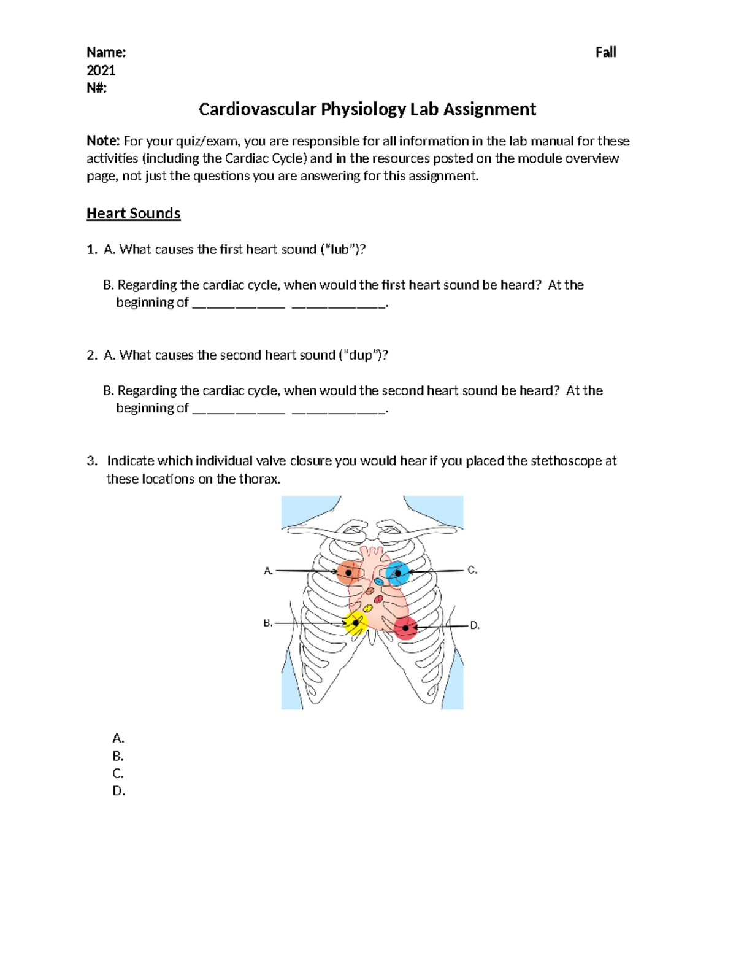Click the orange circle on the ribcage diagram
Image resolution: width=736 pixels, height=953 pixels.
[348, 573]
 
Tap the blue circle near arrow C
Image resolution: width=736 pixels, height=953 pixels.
[397, 573]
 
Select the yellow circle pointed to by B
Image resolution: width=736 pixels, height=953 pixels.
[355, 623]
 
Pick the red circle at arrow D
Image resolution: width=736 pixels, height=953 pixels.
[405, 628]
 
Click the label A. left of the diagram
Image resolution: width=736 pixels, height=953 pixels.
[268, 571]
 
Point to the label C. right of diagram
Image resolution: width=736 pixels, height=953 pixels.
[472, 570]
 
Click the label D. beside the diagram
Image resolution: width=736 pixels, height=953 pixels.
[475, 626]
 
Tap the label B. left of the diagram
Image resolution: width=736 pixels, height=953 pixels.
[267, 623]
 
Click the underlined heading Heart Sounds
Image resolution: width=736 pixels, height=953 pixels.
[133, 214]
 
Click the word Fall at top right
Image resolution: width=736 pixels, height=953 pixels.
[605, 53]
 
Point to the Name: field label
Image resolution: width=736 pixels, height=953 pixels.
[106, 53]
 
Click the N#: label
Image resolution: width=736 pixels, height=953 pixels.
[96, 88]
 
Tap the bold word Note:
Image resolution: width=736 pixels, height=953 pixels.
[103, 142]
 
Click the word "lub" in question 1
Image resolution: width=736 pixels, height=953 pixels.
[340, 250]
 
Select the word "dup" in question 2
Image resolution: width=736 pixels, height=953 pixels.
[360, 355]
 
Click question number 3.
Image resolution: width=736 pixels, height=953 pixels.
[92, 461]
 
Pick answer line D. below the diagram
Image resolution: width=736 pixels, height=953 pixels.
[119, 792]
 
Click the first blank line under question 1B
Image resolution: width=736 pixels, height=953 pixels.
[238, 304]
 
